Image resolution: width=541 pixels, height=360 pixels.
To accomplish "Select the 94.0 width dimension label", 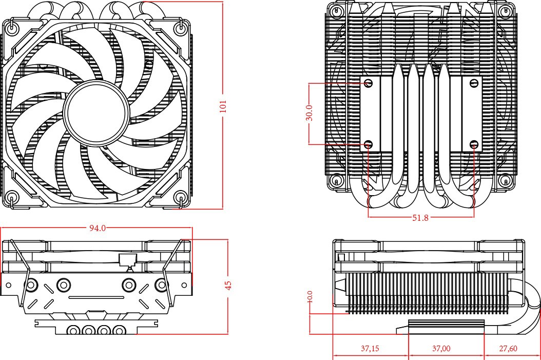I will pyautogui.click(x=97, y=228).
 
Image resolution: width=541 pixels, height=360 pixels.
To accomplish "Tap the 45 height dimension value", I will pyautogui.click(x=228, y=286).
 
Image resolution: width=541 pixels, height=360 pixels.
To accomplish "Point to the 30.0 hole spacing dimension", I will pyautogui.click(x=309, y=113).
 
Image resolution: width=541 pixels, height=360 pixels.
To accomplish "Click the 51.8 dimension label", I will pyautogui.click(x=420, y=218).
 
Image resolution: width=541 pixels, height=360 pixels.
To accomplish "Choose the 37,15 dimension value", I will pyautogui.click(x=370, y=349).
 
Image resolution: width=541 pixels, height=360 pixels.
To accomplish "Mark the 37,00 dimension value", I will pyautogui.click(x=441, y=349).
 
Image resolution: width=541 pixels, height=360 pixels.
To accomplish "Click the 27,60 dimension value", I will pyautogui.click(x=508, y=349).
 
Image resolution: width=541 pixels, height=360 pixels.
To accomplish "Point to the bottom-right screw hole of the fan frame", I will pyautogui.click(x=181, y=197).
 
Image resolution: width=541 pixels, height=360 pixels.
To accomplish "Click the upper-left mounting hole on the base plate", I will pyautogui.click(x=369, y=83).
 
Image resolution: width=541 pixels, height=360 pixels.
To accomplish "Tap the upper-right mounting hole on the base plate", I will pyautogui.click(x=474, y=83).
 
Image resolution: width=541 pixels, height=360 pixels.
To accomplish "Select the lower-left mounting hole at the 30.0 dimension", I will pyautogui.click(x=369, y=145).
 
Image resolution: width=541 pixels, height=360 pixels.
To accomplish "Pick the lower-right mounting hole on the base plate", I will pyautogui.click(x=474, y=145).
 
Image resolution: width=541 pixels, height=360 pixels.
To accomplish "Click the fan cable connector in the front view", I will pyautogui.click(x=126, y=259).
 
